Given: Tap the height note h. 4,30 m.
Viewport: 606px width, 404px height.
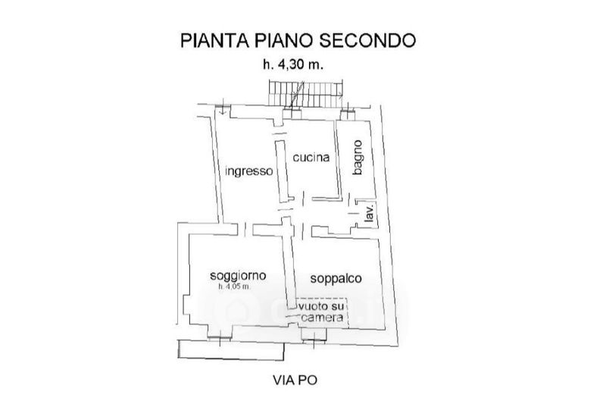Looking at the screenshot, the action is click(x=293, y=65).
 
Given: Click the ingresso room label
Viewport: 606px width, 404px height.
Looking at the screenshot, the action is click(x=248, y=171).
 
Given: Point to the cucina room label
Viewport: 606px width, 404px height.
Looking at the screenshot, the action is click(x=311, y=158).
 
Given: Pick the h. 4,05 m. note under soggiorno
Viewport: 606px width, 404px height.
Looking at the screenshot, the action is click(x=239, y=287).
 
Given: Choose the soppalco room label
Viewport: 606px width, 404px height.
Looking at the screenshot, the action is click(x=336, y=278).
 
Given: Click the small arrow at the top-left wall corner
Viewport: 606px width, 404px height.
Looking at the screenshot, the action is click(x=223, y=112).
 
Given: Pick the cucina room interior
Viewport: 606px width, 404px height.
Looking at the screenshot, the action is click(x=311, y=182).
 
